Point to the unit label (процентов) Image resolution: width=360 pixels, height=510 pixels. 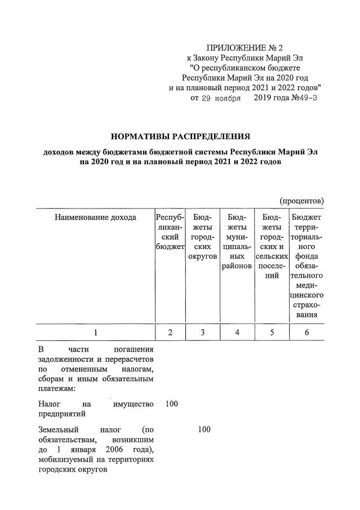[301, 200]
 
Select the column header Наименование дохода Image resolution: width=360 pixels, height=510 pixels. [95, 218]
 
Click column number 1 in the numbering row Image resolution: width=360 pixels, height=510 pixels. [95, 332]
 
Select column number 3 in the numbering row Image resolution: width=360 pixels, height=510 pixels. [203, 332]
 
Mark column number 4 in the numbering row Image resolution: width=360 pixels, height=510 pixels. [237, 332]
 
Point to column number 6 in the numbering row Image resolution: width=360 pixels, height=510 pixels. [306, 332]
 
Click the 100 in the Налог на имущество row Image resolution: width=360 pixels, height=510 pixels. [171, 403]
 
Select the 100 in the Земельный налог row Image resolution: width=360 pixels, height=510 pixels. [204, 429]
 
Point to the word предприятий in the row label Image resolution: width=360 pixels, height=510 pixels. [62, 414]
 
